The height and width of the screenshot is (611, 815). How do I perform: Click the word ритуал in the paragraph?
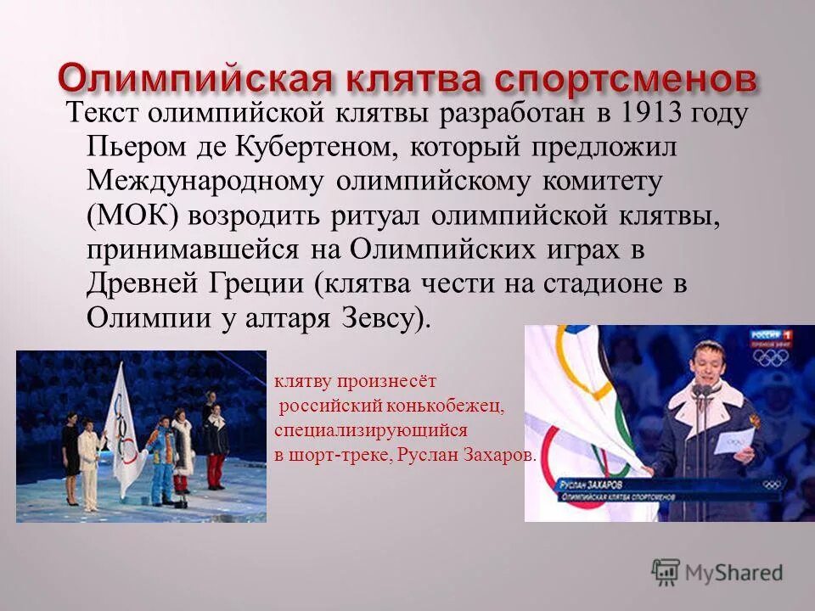pos(382,216)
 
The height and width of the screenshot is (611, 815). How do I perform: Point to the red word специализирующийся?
pos(370,430)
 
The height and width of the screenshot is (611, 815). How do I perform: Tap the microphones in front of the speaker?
pos(701,391)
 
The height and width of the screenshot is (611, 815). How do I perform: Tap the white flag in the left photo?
pos(126,424)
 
